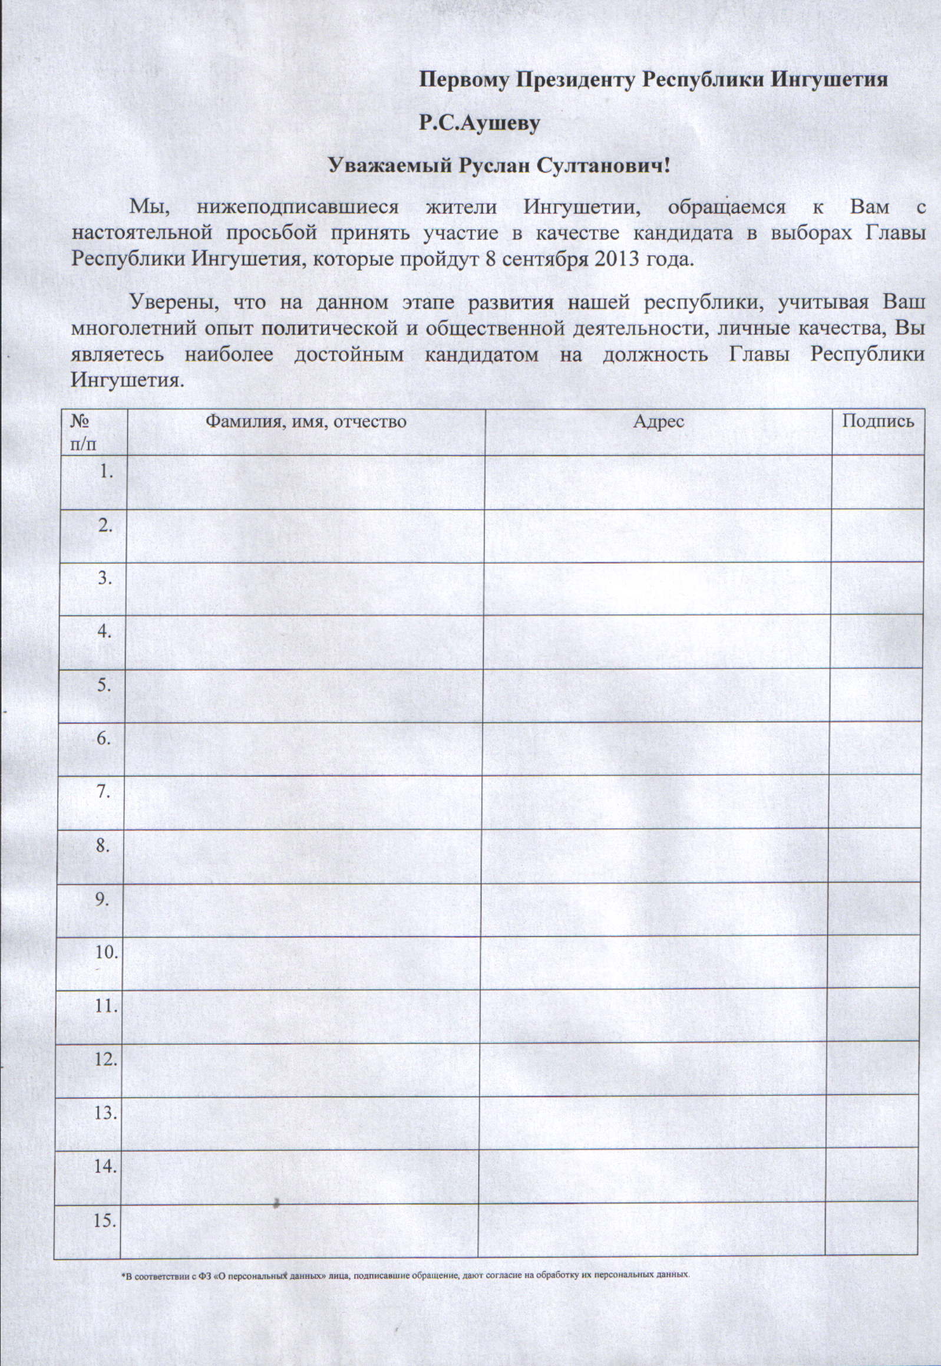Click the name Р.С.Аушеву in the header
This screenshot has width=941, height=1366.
coord(479,123)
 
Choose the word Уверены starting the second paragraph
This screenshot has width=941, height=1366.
coord(174,302)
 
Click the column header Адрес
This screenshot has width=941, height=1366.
coord(659,421)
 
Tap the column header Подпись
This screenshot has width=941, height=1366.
coord(877,420)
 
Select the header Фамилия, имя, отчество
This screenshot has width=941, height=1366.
coord(305,421)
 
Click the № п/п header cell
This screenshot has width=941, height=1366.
coord(82,432)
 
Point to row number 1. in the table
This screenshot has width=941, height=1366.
coord(106,471)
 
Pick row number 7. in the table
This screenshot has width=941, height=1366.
coord(104,792)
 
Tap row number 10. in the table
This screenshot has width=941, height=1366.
coord(106,953)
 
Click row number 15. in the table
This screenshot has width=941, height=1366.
coord(105,1221)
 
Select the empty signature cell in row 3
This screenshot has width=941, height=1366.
coord(877,588)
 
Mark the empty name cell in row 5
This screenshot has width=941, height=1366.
coord(304,696)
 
